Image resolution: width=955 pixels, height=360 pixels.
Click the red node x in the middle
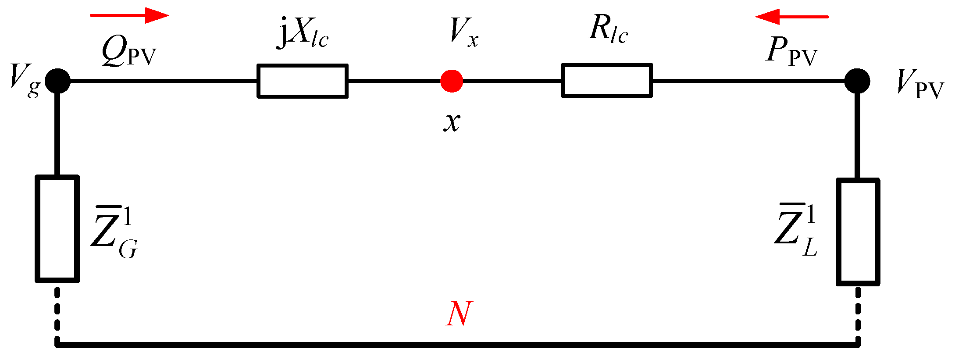pyautogui.click(x=452, y=81)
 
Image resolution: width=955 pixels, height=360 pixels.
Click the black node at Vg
pyautogui.click(x=57, y=81)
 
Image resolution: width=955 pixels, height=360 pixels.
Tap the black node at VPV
pyautogui.click(x=857, y=81)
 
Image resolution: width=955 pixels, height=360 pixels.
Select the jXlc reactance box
pyautogui.click(x=303, y=81)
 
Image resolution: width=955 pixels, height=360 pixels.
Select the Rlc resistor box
pyautogui.click(x=607, y=81)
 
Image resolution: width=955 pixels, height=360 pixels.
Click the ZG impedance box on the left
pyautogui.click(x=57, y=229)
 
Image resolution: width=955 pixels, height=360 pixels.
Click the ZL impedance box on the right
pyautogui.click(x=858, y=232)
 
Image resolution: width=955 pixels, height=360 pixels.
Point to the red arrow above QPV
pyautogui.click(x=129, y=15)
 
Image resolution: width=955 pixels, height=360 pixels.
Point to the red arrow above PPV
pyautogui.click(x=791, y=17)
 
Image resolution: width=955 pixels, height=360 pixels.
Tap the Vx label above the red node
pyautogui.click(x=464, y=32)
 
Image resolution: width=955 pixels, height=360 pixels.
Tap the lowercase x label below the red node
pyautogui.click(x=452, y=121)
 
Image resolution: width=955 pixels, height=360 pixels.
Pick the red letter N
pyautogui.click(x=459, y=314)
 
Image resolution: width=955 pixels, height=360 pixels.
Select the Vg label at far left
pyautogui.click(x=25, y=82)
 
